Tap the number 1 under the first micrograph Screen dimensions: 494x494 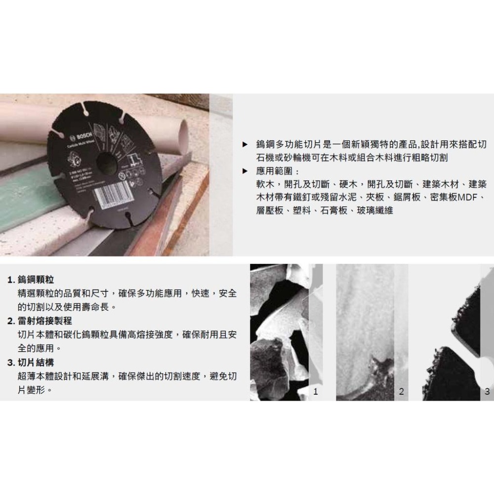click(316, 392)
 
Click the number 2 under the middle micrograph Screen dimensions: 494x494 click(401, 392)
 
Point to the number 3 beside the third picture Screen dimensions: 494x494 click(487, 392)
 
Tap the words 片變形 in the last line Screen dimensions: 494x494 click(30, 390)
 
